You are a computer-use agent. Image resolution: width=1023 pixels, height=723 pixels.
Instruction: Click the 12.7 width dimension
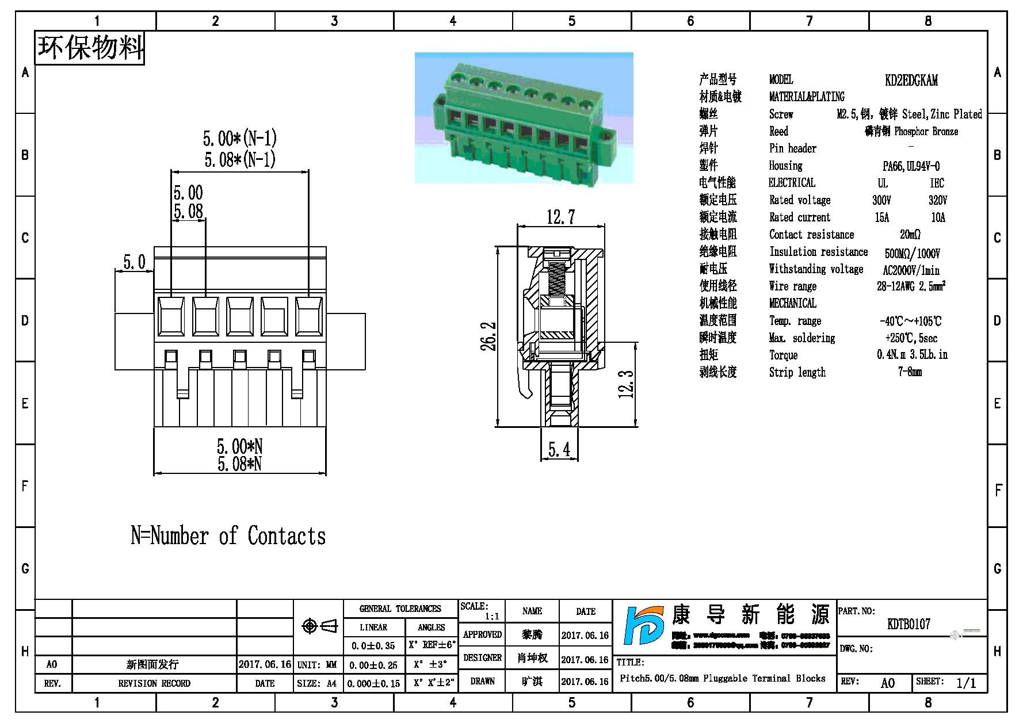(x=560, y=217)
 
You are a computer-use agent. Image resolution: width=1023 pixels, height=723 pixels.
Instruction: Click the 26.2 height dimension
(x=489, y=336)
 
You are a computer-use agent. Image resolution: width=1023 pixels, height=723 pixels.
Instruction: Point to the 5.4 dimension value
(x=559, y=449)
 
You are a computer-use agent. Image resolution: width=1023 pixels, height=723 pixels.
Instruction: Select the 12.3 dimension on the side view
(x=626, y=384)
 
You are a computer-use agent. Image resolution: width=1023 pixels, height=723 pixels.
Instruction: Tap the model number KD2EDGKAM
(x=911, y=80)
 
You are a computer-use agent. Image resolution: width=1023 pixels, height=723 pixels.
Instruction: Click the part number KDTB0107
(x=909, y=624)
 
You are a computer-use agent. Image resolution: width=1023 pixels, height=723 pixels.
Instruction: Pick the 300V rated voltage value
(x=881, y=200)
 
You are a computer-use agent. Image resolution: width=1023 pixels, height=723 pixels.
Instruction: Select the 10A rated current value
(x=938, y=217)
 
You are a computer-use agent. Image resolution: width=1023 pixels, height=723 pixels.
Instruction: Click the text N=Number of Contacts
(x=228, y=536)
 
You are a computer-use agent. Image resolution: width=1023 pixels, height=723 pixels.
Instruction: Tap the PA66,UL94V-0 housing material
(x=911, y=166)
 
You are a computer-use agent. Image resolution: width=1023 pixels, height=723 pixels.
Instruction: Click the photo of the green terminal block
(x=524, y=118)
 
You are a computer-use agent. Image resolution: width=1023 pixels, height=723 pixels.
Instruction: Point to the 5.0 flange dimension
(x=134, y=262)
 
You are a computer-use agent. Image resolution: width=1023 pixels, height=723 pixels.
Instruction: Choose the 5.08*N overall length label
(x=239, y=464)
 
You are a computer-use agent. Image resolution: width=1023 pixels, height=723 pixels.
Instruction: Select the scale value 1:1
(x=491, y=617)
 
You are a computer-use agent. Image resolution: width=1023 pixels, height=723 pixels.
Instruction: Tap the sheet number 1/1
(x=966, y=683)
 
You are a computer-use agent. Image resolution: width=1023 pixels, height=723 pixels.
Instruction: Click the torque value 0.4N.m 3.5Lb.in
(x=912, y=355)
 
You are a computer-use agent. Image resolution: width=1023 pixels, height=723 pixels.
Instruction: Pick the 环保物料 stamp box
(x=90, y=48)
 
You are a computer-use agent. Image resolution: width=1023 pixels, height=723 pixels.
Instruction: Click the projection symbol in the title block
(x=320, y=626)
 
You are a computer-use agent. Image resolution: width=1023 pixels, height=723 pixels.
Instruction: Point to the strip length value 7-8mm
(x=910, y=372)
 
